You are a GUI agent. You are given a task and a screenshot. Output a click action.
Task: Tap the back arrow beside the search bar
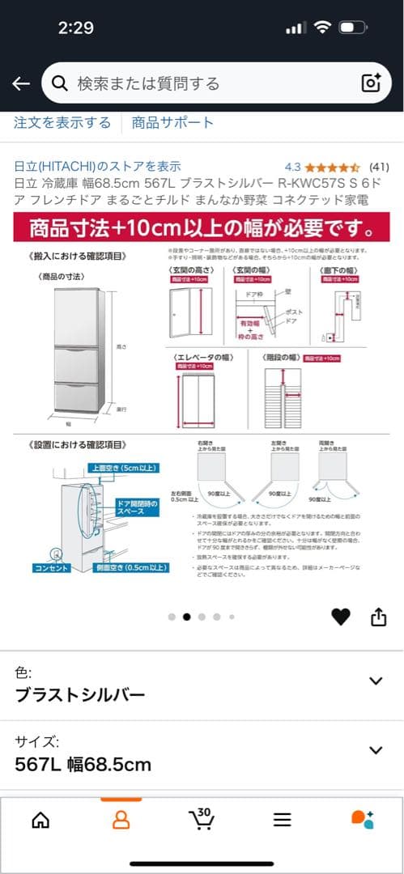[x=21, y=83]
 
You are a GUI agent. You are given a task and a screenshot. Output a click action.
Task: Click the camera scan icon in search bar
[x=371, y=83]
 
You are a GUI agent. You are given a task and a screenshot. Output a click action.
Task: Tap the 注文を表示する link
[x=62, y=123]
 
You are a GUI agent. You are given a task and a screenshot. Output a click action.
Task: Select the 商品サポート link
[x=172, y=123]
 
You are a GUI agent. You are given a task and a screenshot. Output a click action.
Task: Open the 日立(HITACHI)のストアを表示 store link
[x=97, y=166]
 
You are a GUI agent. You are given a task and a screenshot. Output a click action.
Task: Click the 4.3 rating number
[x=293, y=167]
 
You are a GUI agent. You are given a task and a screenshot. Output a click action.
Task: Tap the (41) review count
[x=379, y=167]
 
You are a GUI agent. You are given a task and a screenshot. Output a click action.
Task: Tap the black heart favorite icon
[x=341, y=617]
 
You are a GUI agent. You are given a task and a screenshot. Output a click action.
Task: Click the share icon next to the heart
[x=378, y=617]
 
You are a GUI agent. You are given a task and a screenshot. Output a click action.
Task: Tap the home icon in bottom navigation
[x=40, y=819]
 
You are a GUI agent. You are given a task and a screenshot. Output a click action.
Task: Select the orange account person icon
[x=121, y=819]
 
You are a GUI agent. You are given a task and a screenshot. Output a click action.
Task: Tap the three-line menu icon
[x=282, y=819]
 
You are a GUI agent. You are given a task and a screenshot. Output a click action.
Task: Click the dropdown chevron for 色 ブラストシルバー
[x=376, y=681]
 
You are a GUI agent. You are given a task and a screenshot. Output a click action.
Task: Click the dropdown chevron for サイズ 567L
[x=376, y=750]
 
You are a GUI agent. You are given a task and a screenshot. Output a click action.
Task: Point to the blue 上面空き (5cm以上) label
[x=124, y=468]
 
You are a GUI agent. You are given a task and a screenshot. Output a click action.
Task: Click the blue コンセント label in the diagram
[x=50, y=568]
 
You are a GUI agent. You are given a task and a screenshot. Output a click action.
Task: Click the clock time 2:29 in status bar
[x=76, y=28]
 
